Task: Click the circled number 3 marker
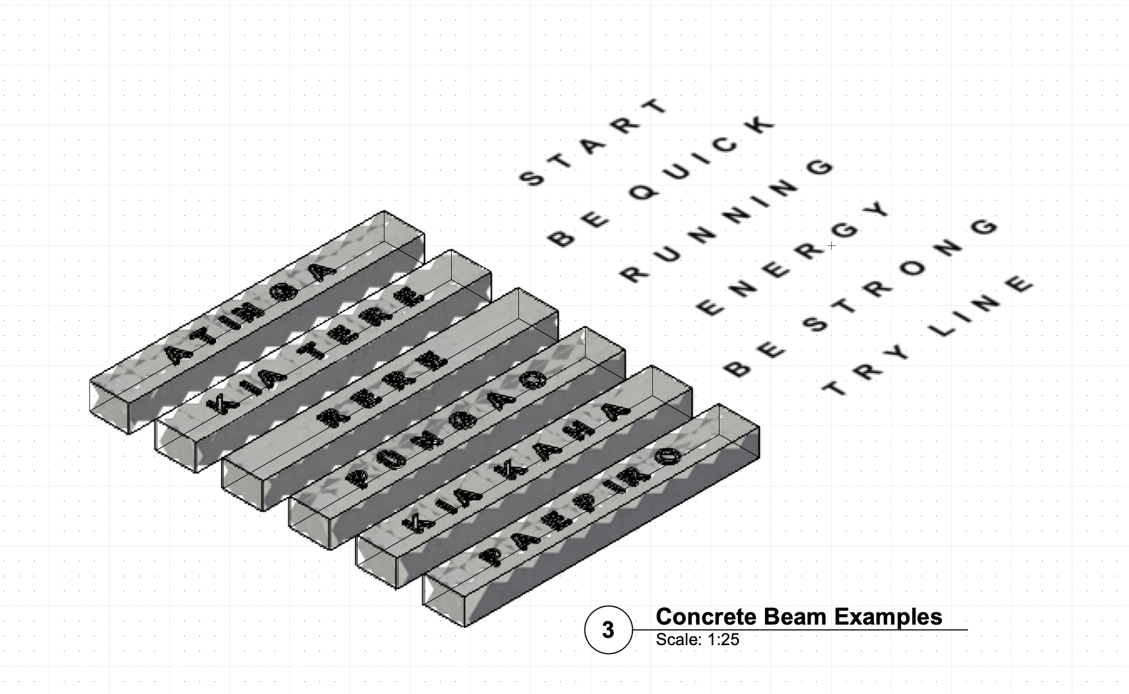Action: (x=608, y=630)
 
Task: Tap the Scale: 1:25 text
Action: (x=697, y=640)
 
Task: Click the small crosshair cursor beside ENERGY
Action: (x=831, y=245)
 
